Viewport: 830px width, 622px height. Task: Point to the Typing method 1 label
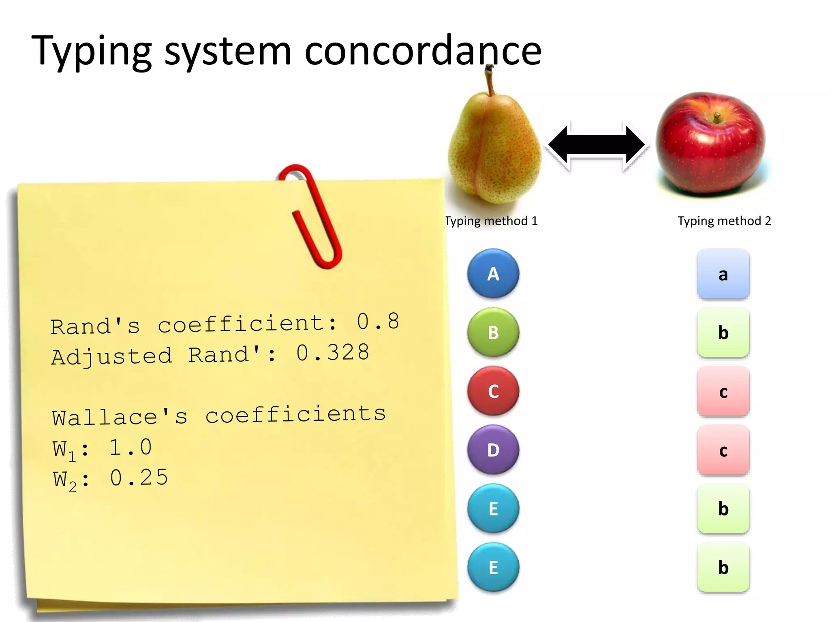pos(491,221)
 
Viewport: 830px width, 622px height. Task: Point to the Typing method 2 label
pos(724,221)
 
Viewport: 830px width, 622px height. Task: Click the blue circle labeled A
pos(493,274)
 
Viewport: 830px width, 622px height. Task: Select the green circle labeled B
pos(493,332)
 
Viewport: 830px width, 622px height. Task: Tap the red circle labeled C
pos(493,391)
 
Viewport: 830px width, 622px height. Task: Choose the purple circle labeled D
pos(493,450)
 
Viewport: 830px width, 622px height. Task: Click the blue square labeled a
pos(723,274)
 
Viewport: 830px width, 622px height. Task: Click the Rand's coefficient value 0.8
pos(378,322)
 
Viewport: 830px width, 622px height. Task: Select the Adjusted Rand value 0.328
pos(332,353)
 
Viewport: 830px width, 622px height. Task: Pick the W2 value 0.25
pos(139,478)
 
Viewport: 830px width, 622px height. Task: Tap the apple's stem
pos(717,118)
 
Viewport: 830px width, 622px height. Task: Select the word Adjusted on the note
pos(112,357)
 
